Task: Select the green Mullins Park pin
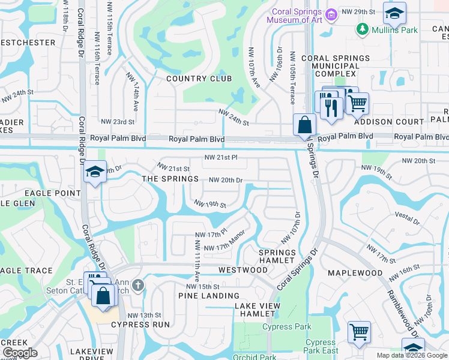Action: (362, 28)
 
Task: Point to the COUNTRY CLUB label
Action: (199, 79)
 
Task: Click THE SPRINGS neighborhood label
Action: (170, 179)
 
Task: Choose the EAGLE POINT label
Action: (52, 193)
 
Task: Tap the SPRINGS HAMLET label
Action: (277, 256)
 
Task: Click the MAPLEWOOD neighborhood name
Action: (355, 273)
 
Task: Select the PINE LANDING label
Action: (208, 296)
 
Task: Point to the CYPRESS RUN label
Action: (143, 325)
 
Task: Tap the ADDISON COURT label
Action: (389, 122)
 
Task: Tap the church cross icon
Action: (139, 284)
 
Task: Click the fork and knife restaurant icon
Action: (330, 107)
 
